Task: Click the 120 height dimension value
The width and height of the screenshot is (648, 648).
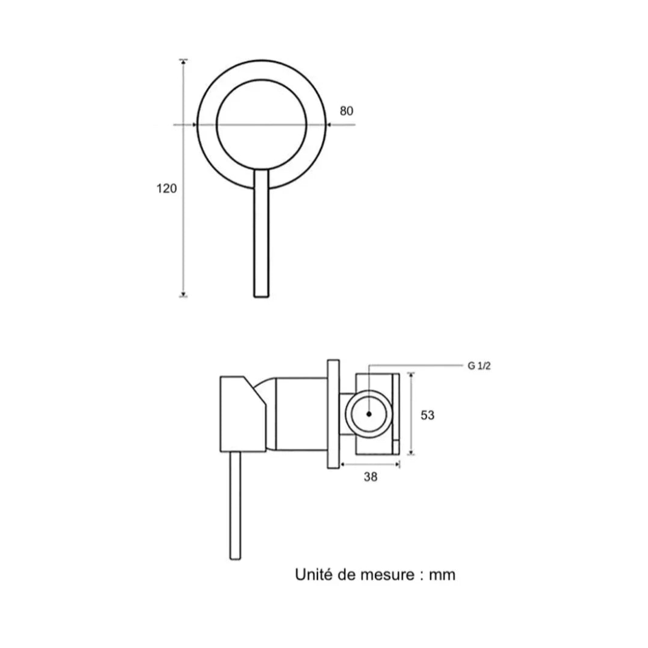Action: pyautogui.click(x=167, y=188)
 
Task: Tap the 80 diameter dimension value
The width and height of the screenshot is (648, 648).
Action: pyautogui.click(x=347, y=111)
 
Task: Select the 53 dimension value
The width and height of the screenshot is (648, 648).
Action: pyautogui.click(x=428, y=415)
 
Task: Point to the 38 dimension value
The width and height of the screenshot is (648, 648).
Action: pyautogui.click(x=371, y=477)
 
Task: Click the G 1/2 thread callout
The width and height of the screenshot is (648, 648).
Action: pyautogui.click(x=479, y=366)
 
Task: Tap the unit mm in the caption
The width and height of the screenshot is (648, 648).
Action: pyautogui.click(x=442, y=575)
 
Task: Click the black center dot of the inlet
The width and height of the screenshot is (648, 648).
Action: pyautogui.click(x=369, y=414)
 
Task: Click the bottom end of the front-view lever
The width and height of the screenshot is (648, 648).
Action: pyautogui.click(x=261, y=296)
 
